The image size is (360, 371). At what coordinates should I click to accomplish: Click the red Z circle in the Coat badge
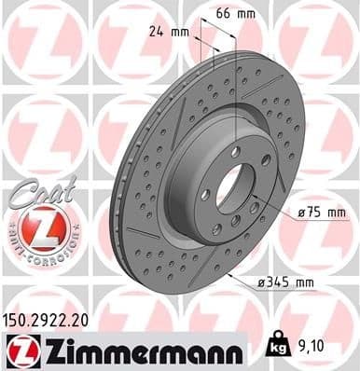pyautogui.click(x=35, y=227)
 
